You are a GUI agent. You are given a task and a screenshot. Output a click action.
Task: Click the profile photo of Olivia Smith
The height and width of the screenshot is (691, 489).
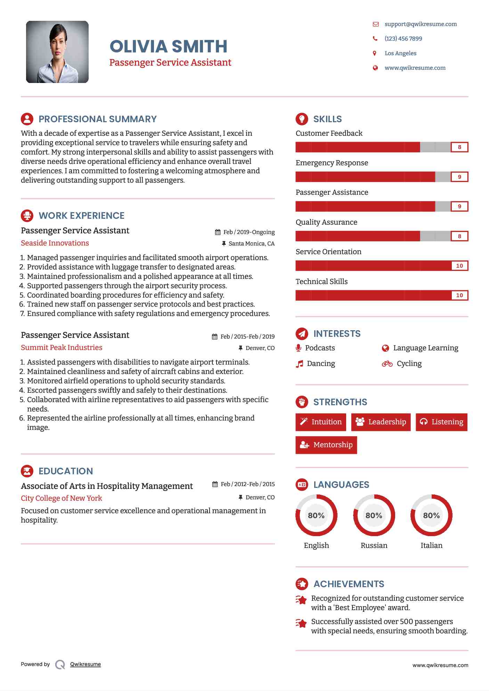click(57, 52)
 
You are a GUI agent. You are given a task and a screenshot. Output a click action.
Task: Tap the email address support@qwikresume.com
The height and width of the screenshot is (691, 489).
click(420, 24)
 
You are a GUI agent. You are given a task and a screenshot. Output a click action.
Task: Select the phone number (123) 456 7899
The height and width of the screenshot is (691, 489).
click(403, 39)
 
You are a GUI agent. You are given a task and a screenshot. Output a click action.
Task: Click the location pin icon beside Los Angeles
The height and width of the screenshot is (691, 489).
click(375, 53)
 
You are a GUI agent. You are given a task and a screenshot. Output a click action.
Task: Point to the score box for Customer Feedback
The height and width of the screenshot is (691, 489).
click(459, 147)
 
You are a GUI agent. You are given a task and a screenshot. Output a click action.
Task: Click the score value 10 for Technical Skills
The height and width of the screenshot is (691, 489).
click(459, 295)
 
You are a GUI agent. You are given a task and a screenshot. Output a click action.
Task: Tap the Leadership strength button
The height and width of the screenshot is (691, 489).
click(381, 422)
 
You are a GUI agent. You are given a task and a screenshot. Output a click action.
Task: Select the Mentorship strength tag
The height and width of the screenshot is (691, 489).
click(326, 445)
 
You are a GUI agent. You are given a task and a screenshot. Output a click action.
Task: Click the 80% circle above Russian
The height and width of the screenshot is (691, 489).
click(374, 515)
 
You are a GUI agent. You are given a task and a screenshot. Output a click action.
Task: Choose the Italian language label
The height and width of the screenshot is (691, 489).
click(431, 546)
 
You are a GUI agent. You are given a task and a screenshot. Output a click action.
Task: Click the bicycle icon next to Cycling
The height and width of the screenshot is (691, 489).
click(387, 364)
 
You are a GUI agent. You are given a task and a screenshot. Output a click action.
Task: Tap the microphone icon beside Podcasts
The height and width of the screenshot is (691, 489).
click(298, 348)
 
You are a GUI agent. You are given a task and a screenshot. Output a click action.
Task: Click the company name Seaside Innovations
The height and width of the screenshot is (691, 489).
click(55, 243)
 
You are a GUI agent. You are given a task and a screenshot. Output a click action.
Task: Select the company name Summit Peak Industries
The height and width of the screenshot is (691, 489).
click(62, 348)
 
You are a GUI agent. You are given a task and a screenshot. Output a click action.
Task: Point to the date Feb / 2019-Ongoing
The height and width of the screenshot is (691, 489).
click(248, 232)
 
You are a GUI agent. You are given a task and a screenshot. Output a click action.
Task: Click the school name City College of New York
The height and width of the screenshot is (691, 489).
click(62, 498)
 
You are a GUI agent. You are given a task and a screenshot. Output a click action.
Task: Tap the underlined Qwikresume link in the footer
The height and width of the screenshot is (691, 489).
click(85, 664)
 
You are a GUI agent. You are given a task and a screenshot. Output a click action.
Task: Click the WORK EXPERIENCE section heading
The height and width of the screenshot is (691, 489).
click(81, 216)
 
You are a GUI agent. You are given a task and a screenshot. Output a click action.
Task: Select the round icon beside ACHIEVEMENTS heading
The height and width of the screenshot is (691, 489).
click(302, 584)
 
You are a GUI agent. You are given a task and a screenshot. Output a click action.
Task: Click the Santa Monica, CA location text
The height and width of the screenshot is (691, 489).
click(251, 244)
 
